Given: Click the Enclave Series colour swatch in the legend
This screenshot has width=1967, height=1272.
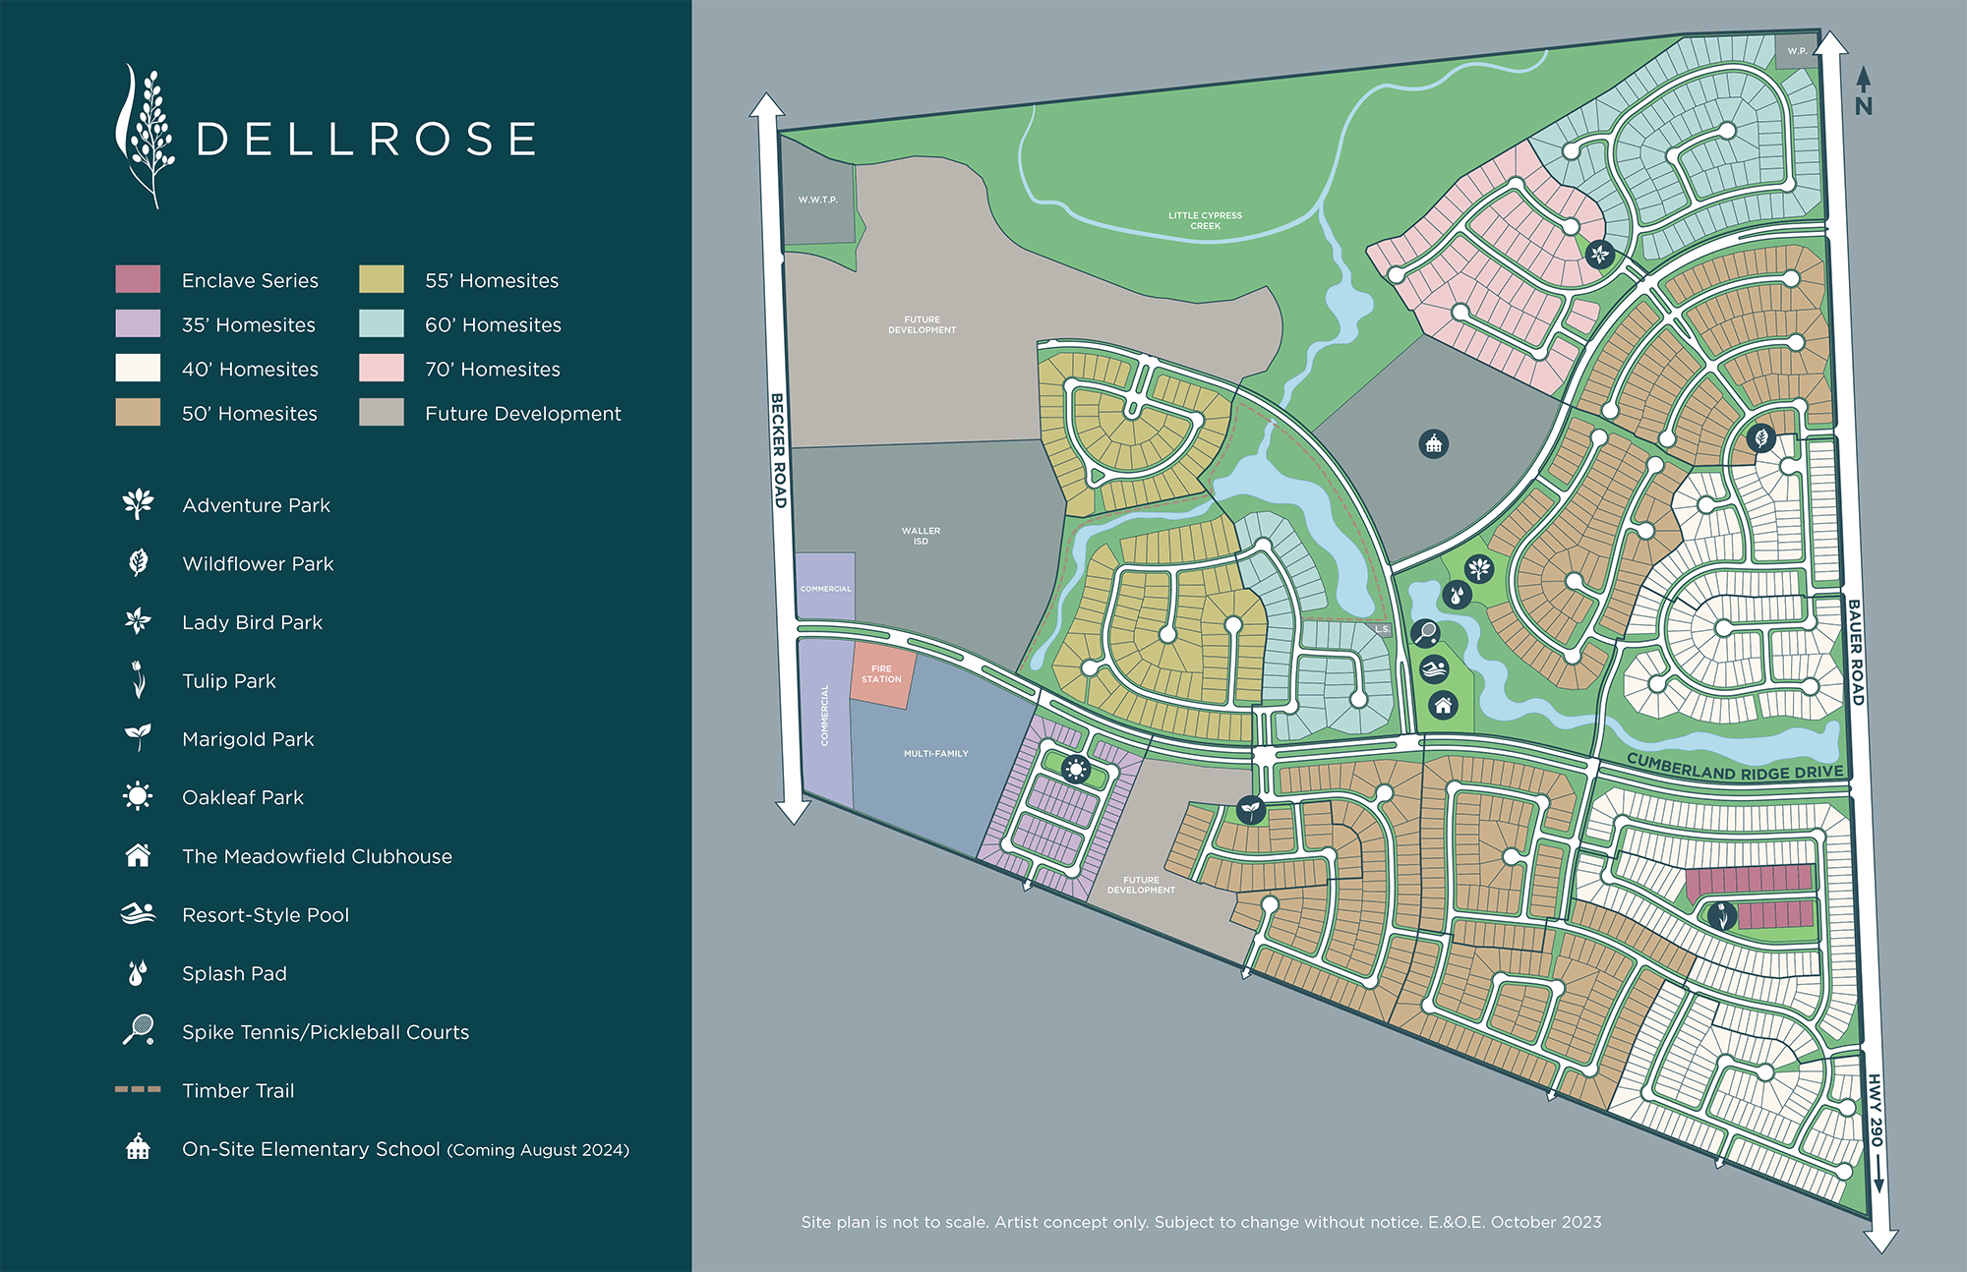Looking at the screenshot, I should click(138, 279).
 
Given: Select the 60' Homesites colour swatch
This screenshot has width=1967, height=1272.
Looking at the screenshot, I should click(382, 323).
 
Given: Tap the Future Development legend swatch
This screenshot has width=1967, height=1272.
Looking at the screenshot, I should click(382, 412).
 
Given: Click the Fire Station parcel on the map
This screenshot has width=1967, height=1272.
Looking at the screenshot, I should click(881, 674).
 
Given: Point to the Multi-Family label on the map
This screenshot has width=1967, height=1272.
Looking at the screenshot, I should click(936, 754).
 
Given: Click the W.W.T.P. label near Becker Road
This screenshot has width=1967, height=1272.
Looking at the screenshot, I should click(817, 200).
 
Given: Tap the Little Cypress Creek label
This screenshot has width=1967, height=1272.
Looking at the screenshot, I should click(1205, 220).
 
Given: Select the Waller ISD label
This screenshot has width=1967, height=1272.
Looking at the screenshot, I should click(921, 536).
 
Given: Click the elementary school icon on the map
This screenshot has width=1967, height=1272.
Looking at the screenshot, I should click(1434, 444).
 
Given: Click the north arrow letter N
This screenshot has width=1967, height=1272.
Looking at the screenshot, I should click(1864, 106).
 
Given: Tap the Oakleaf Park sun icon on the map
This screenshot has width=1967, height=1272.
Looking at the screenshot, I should click(1076, 769).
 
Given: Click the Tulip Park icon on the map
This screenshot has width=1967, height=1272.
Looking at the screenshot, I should click(1721, 915).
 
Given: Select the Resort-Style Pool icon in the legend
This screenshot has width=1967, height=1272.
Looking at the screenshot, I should click(138, 914).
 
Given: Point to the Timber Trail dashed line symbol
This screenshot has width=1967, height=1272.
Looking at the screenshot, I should click(138, 1089).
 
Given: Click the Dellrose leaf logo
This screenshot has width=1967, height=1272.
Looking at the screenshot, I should click(145, 136).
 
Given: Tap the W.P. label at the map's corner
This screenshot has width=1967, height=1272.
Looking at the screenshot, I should click(1797, 51).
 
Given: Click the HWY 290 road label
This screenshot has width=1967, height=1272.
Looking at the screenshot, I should click(1876, 1111).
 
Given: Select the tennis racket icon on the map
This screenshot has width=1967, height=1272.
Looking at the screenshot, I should click(1425, 632).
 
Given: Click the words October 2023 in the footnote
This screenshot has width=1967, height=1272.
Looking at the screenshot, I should click(1546, 1222).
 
